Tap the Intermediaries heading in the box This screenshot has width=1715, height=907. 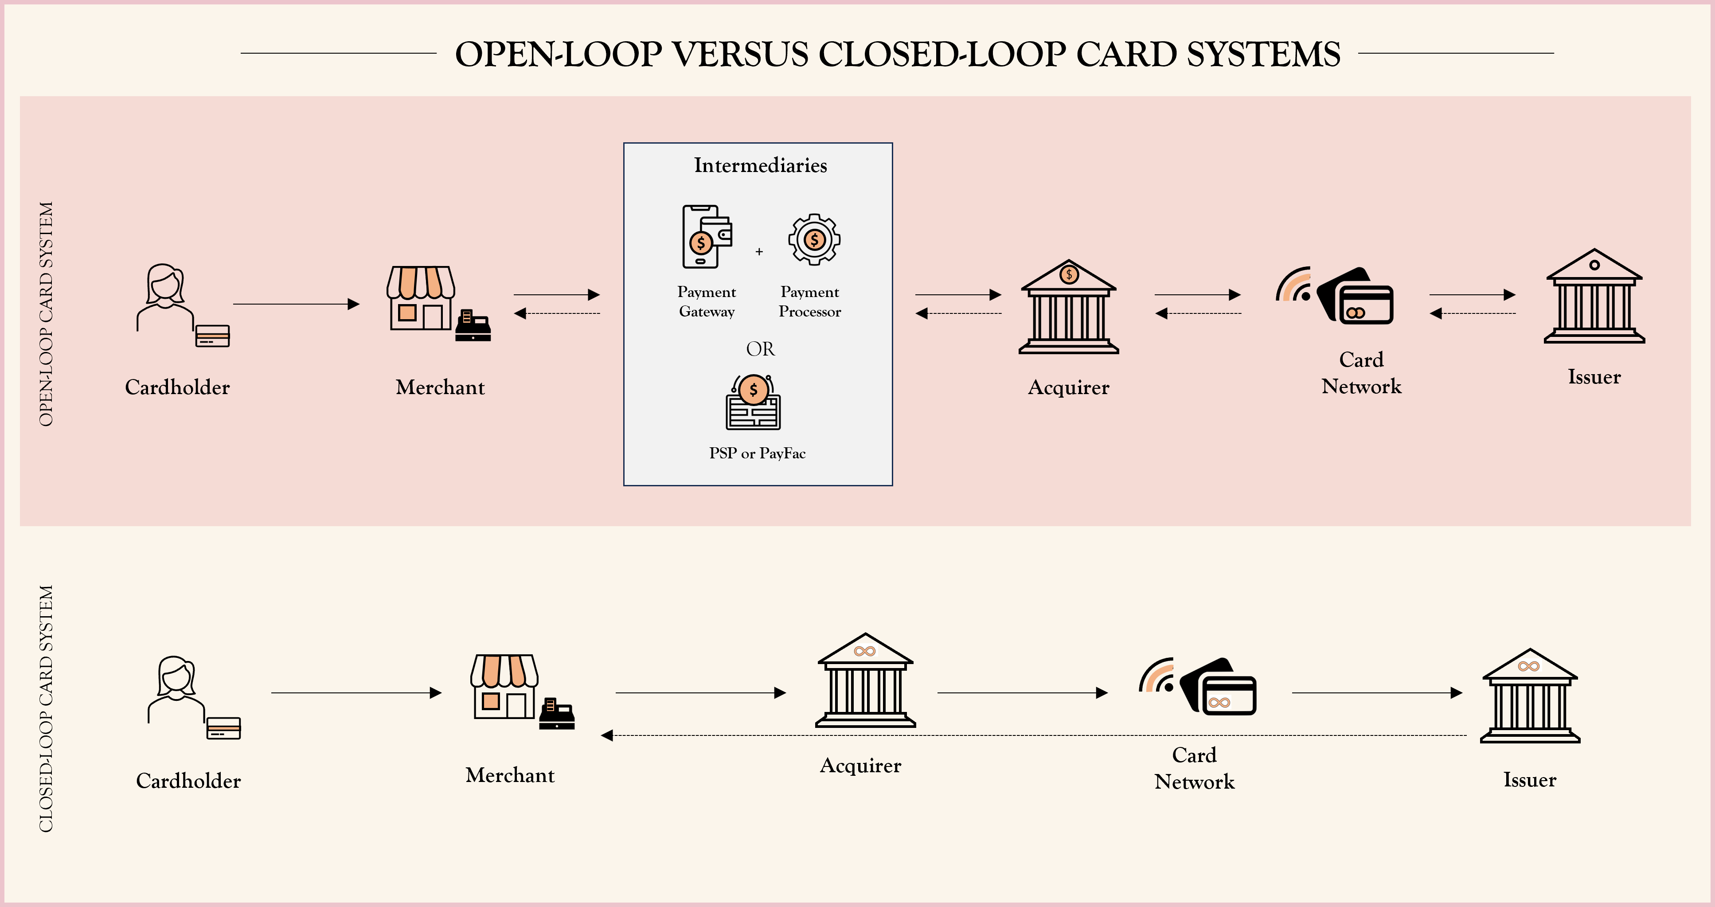[760, 165]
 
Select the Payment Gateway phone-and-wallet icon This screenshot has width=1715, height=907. [706, 237]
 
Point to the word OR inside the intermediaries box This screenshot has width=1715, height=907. [760, 349]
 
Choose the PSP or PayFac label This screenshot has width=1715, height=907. [757, 453]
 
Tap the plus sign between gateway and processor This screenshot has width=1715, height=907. [759, 252]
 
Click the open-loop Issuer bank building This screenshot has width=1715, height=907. [1594, 297]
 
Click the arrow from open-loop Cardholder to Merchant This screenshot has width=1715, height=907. [296, 305]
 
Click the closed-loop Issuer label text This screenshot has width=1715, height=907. [1529, 780]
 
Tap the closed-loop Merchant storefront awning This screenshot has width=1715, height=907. [504, 671]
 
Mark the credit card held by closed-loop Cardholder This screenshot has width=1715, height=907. [223, 728]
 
